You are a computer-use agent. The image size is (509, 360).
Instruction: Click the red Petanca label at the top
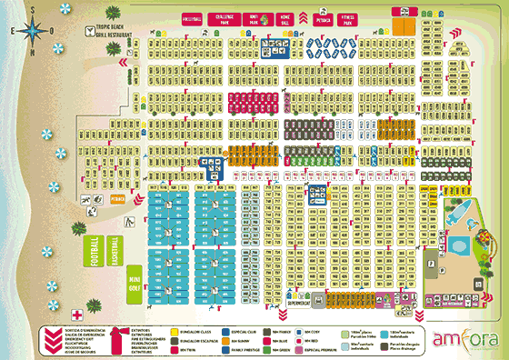pos(321,17)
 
